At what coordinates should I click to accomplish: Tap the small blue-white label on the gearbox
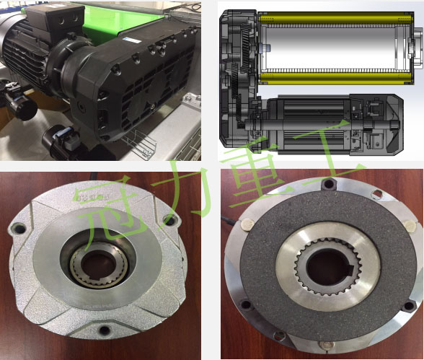pos(131,40)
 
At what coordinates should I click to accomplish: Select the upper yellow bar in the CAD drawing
pos(336,19)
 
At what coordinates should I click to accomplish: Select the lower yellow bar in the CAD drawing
pos(336,78)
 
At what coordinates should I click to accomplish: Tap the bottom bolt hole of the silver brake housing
pos(104,330)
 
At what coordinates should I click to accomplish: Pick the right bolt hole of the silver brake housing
pos(170,221)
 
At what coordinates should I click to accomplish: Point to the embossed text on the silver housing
pos(91,197)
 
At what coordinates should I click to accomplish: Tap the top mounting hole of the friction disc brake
pos(328,184)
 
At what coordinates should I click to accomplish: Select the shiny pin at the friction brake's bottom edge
pos(327,345)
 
